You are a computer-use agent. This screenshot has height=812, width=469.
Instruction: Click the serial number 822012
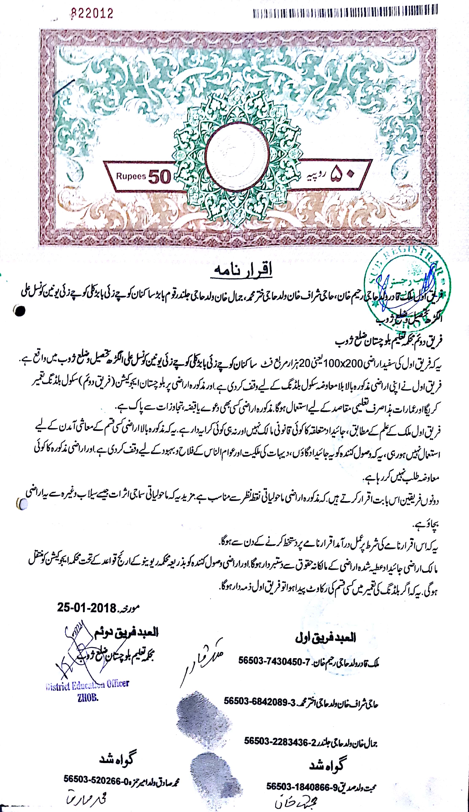(x=92, y=14)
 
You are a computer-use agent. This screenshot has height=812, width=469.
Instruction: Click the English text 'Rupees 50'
(x=143, y=177)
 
